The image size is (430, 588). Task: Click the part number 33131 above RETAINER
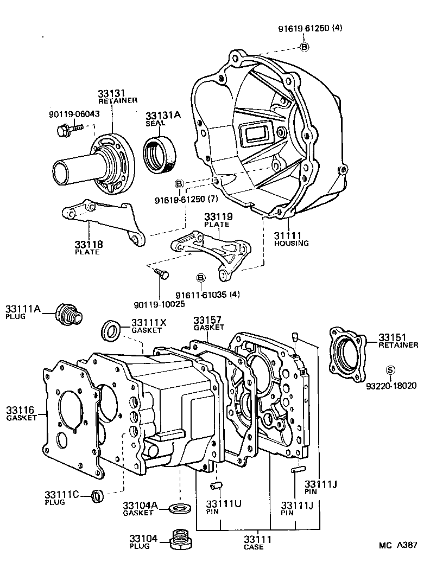tap(111, 93)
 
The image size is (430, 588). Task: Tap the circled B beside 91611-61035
tap(200, 278)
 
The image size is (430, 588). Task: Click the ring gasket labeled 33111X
tap(112, 329)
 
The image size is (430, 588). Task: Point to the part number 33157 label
tap(205, 319)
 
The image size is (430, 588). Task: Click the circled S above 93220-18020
tap(389, 370)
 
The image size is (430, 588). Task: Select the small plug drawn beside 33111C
tap(98, 495)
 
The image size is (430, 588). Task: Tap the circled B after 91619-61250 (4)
tap(305, 47)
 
